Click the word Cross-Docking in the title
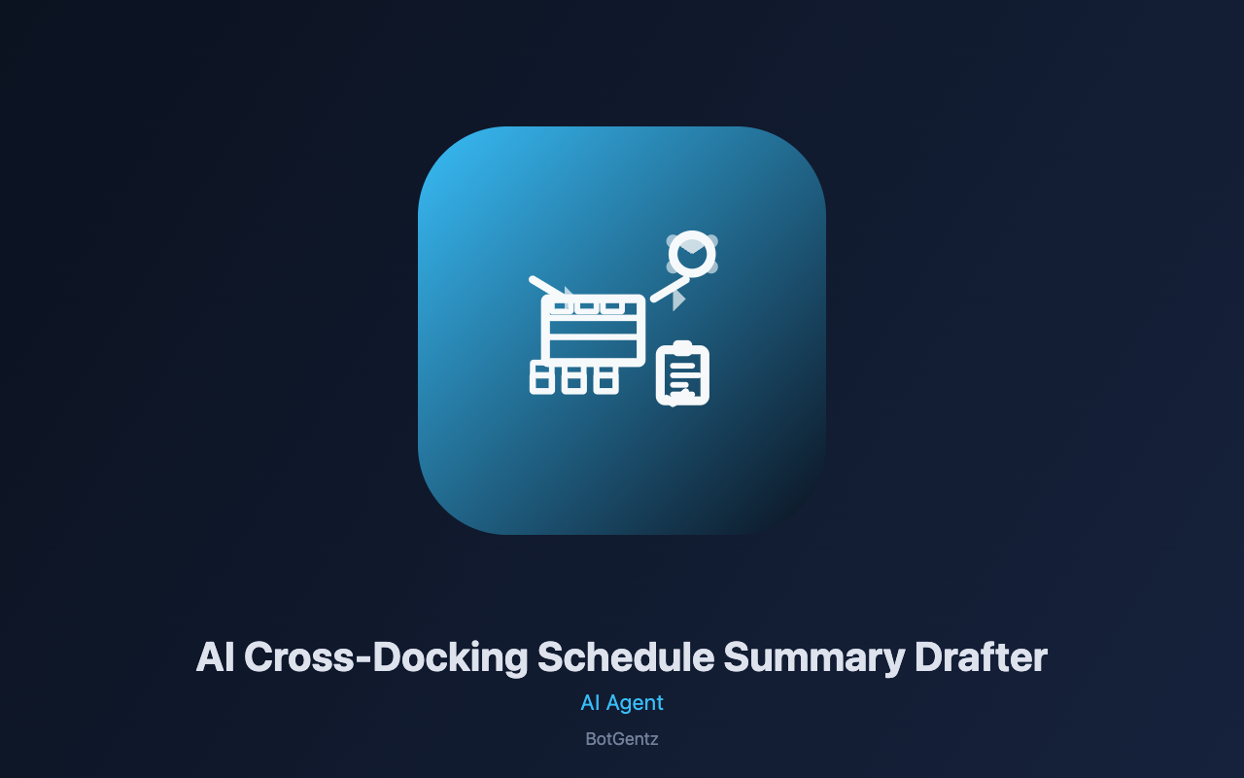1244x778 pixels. [x=386, y=658]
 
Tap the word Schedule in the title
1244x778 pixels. [x=626, y=656]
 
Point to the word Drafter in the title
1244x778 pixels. [x=981, y=656]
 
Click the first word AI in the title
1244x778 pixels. [x=215, y=656]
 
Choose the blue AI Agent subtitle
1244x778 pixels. [x=622, y=703]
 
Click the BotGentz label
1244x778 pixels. [x=622, y=739]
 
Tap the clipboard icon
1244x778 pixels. [x=682, y=373]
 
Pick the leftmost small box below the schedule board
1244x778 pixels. [x=542, y=378]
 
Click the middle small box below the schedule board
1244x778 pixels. [x=573, y=380]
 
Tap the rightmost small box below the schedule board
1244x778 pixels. [x=605, y=380]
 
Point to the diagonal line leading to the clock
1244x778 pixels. [x=670, y=290]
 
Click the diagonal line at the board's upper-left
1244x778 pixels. [x=546, y=286]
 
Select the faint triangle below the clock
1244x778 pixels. [x=678, y=301]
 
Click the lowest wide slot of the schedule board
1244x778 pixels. [x=593, y=349]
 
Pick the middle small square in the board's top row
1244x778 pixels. [x=586, y=306]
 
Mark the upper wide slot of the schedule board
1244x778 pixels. [x=593, y=327]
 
